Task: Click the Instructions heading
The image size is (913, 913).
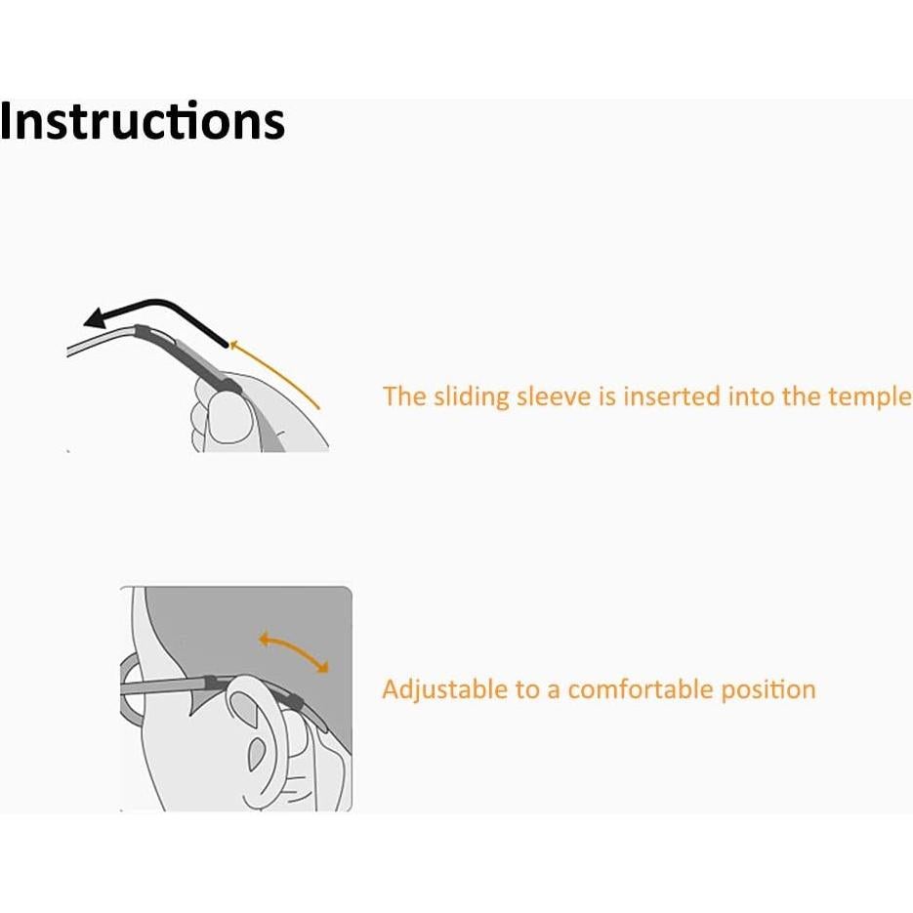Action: point(143,122)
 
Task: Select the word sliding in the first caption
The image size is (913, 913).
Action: point(467,396)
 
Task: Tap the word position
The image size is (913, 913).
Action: point(768,690)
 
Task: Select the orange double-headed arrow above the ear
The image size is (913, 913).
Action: point(293,651)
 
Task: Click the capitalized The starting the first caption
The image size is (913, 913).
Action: point(400,396)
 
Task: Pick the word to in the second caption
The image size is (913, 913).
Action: point(527,690)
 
